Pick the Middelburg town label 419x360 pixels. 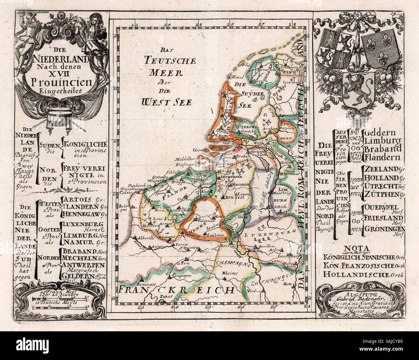point(186,159)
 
